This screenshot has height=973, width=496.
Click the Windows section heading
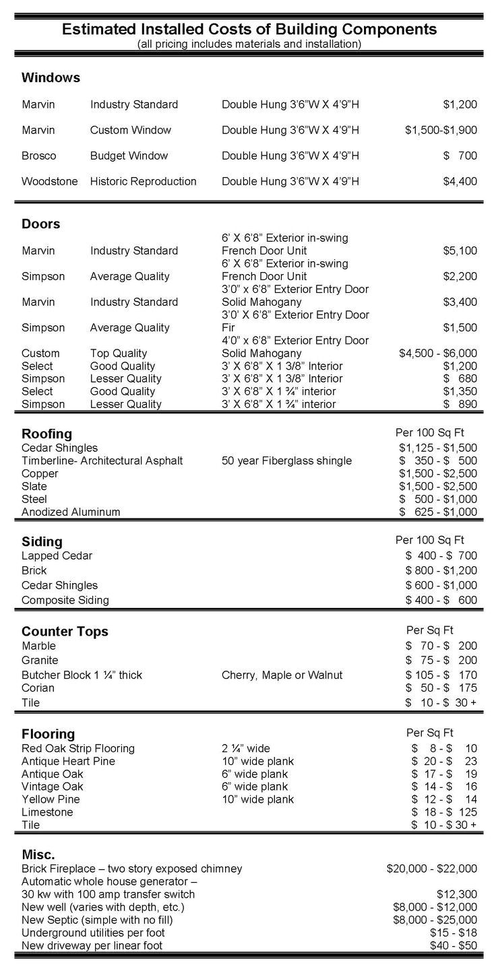pos(51,77)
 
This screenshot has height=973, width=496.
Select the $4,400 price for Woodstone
pos(460,181)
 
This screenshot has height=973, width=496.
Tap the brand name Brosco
pos(38,156)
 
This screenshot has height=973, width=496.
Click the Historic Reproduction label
pos(144,181)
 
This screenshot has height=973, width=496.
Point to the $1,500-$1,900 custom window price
pos(441,130)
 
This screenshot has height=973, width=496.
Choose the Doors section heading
pos(40,224)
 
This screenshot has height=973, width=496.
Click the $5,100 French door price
pos(460,250)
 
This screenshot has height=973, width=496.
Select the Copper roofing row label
pos(40,473)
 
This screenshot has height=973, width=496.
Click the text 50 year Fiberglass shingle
pos(286,461)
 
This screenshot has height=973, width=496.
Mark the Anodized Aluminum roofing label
pos(71,512)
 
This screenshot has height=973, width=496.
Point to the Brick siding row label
pos(34,570)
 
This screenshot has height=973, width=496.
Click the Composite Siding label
pos(65,600)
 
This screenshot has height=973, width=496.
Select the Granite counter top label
pos(40,660)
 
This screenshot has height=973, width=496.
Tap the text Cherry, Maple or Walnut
pos(282,675)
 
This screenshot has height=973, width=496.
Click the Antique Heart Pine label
pos(68,761)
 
